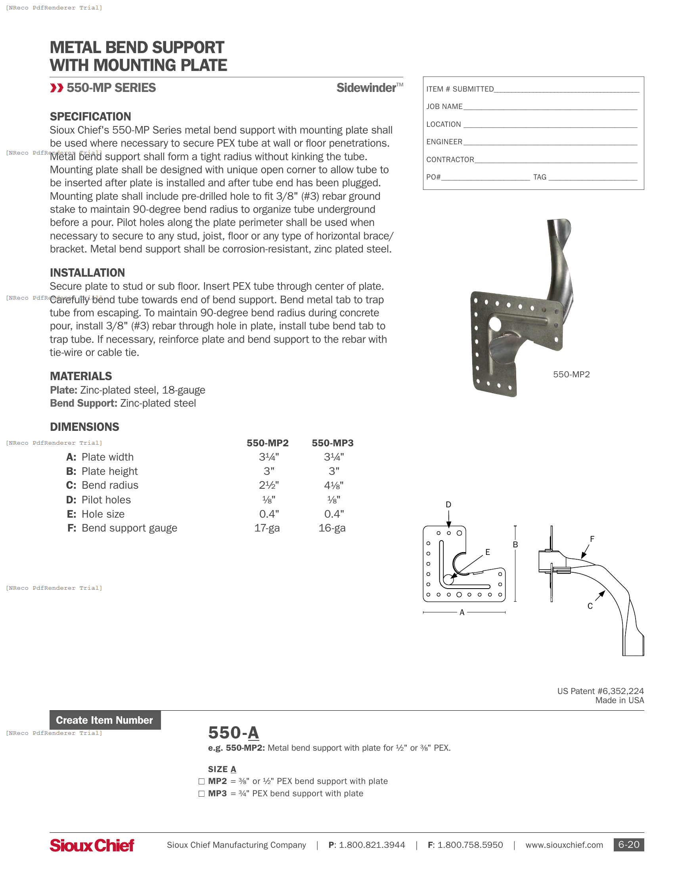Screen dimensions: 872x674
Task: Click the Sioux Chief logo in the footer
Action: (x=92, y=845)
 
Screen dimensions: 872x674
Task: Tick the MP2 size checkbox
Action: (x=202, y=781)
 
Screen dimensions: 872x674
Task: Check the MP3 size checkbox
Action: (x=202, y=794)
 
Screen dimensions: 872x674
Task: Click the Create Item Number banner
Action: (x=105, y=720)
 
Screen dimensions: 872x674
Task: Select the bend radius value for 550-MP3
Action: (x=333, y=486)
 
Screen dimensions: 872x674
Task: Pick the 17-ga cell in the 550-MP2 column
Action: (x=267, y=528)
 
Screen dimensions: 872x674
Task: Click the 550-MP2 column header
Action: (x=268, y=443)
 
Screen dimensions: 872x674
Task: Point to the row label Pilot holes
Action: (x=106, y=500)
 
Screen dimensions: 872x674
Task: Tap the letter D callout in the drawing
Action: (x=448, y=505)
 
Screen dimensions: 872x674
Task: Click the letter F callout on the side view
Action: (x=592, y=539)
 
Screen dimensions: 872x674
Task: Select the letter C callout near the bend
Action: (x=590, y=606)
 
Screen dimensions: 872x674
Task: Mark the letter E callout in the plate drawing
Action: (x=488, y=552)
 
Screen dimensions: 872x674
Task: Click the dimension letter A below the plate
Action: (x=462, y=612)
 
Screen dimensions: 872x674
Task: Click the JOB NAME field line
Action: (x=550, y=107)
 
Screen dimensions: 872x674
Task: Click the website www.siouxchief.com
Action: (x=564, y=845)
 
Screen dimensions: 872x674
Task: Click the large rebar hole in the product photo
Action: (x=495, y=324)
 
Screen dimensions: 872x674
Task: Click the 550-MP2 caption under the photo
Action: (x=571, y=375)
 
